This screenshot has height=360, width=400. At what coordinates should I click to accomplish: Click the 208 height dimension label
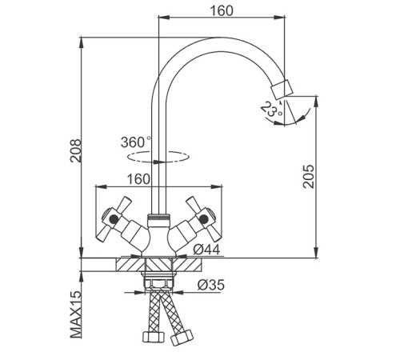click(76, 150)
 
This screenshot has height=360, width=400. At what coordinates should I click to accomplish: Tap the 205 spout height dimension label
click(309, 177)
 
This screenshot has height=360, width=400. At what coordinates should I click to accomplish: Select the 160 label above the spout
click(222, 11)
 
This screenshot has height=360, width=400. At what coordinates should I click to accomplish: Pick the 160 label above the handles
click(138, 179)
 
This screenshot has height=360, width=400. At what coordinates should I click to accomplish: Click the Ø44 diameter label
click(206, 250)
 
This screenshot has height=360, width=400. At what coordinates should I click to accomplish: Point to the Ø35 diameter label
click(211, 285)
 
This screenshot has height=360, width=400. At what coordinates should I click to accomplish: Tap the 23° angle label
click(270, 110)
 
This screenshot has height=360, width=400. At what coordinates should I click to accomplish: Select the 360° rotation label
click(135, 142)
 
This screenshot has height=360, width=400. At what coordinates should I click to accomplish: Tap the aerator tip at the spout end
click(282, 88)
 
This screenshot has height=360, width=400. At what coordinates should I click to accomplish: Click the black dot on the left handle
click(114, 219)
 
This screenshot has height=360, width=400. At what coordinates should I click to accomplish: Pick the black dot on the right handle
click(204, 219)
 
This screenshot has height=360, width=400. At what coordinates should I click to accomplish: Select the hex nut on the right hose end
click(182, 338)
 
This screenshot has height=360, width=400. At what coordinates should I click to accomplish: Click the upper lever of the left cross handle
click(124, 205)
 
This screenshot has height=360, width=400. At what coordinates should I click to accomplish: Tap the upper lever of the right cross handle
click(194, 205)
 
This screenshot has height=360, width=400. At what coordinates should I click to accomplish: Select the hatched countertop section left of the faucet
click(130, 265)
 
